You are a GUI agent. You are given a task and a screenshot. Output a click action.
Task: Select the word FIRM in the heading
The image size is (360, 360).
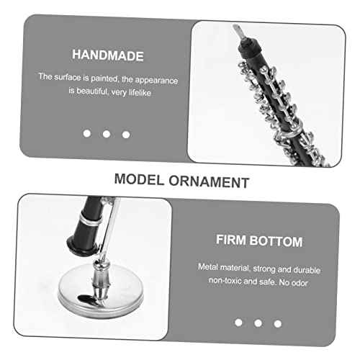pyautogui.click(x=233, y=241)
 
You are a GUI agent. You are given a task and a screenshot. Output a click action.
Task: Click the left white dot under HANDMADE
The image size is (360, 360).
pyautogui.click(x=86, y=134)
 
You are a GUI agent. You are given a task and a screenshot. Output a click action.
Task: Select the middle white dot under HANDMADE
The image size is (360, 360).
pyautogui.click(x=107, y=134)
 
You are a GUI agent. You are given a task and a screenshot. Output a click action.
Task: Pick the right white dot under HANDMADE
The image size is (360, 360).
pyautogui.click(x=126, y=134)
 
